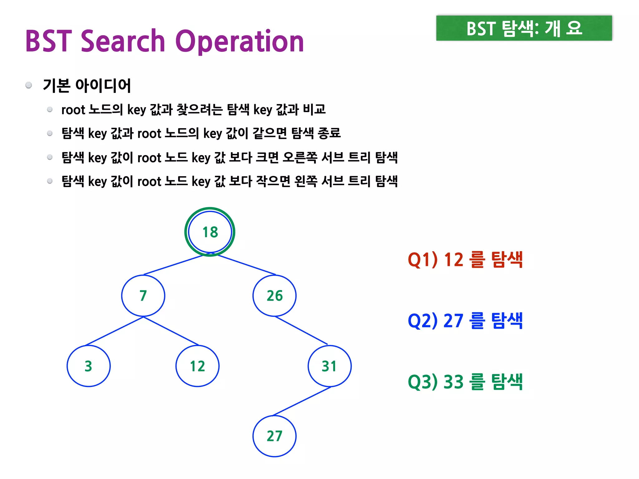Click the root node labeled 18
click(x=210, y=232)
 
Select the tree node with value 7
click(x=143, y=296)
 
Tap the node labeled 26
click(x=275, y=296)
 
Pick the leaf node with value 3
click(x=89, y=366)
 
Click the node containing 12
click(x=198, y=366)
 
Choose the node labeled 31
click(x=329, y=366)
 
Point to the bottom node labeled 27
click(x=275, y=436)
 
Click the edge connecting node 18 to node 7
click(x=173, y=265)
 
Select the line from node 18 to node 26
click(x=246, y=265)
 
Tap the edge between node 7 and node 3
click(x=115, y=331)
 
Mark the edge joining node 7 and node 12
click(x=171, y=331)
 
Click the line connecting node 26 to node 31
click(x=301, y=330)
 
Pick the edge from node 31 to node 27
click(x=302, y=401)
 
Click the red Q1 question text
click(x=465, y=259)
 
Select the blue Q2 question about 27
click(x=465, y=321)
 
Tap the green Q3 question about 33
click(x=465, y=382)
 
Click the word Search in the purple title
click(x=123, y=41)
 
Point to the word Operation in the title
click(x=240, y=42)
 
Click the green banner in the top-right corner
click(x=524, y=28)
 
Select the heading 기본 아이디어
click(x=87, y=85)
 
